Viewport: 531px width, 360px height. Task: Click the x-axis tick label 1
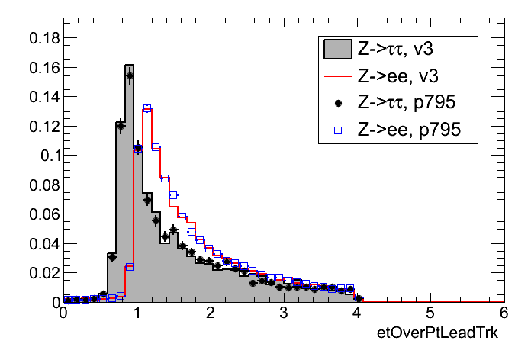[136, 313]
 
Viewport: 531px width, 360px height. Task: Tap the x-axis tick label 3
[282, 313]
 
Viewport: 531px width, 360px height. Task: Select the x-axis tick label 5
[430, 313]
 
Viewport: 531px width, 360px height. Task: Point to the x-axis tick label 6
[502, 313]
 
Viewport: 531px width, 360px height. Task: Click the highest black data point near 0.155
[129, 75]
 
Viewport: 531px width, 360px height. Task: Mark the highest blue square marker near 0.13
[147, 108]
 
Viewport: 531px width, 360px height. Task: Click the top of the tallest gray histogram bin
[129, 65]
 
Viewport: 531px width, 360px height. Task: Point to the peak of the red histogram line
[147, 110]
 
